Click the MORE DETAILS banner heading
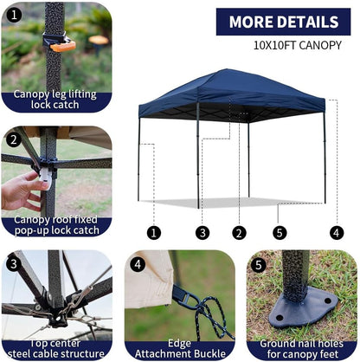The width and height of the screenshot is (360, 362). point(284,22)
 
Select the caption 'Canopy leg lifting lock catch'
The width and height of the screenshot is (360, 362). point(56,100)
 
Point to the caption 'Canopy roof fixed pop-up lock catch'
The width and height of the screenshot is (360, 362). point(57,226)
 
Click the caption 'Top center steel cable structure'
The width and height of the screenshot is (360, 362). point(56,349)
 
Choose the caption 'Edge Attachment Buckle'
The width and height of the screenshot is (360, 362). point(179,349)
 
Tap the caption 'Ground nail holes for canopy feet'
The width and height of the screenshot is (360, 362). point(302,349)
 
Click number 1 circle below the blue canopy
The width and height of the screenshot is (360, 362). point(153,232)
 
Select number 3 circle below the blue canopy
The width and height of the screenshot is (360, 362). point(202,232)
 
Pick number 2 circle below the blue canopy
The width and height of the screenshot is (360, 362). point(240,232)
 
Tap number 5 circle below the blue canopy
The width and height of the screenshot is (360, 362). point(279,232)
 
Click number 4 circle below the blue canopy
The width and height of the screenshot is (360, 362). point(336,232)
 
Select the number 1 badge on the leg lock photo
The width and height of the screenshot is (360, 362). point(13,15)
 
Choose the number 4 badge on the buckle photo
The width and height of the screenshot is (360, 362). point(137,263)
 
